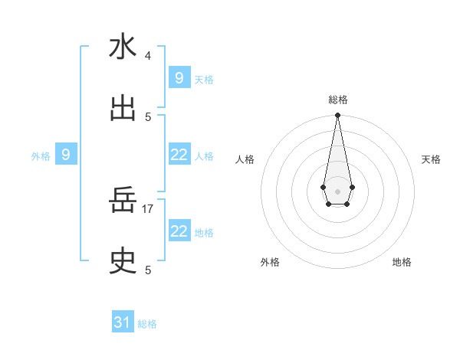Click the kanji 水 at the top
tap(123, 47)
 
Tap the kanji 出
tap(123, 109)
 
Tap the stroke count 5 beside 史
tap(148, 270)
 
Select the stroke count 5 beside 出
tap(148, 116)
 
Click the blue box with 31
tap(123, 322)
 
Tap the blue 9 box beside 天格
tap(179, 77)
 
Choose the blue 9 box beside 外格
tap(66, 155)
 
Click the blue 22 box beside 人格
tap(179, 155)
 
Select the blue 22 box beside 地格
tap(179, 231)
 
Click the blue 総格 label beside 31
tap(147, 324)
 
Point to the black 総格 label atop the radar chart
tap(337, 100)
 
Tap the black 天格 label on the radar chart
tap(432, 159)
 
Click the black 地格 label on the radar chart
tap(402, 262)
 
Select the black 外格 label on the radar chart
tap(270, 262)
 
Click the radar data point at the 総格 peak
tap(337, 116)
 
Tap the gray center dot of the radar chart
tap(337, 190)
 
